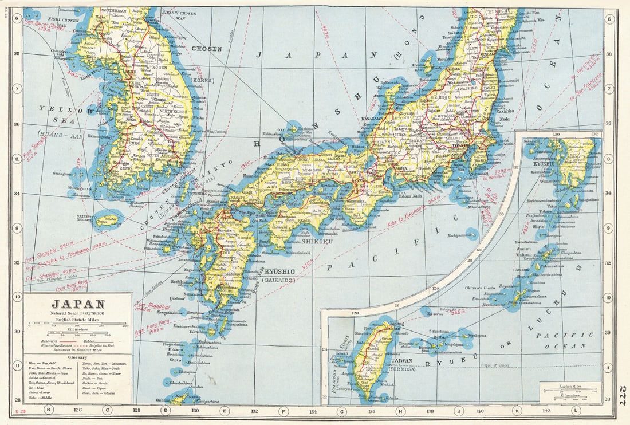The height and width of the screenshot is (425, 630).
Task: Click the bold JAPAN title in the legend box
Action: coord(78,304)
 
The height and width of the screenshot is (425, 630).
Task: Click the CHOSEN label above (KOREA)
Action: coord(207,49)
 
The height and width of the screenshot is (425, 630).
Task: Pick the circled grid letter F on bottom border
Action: coord(282,410)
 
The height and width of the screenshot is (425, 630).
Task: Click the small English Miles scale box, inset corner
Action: coord(570,392)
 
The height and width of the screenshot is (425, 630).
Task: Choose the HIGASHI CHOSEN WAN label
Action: coord(179,14)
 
